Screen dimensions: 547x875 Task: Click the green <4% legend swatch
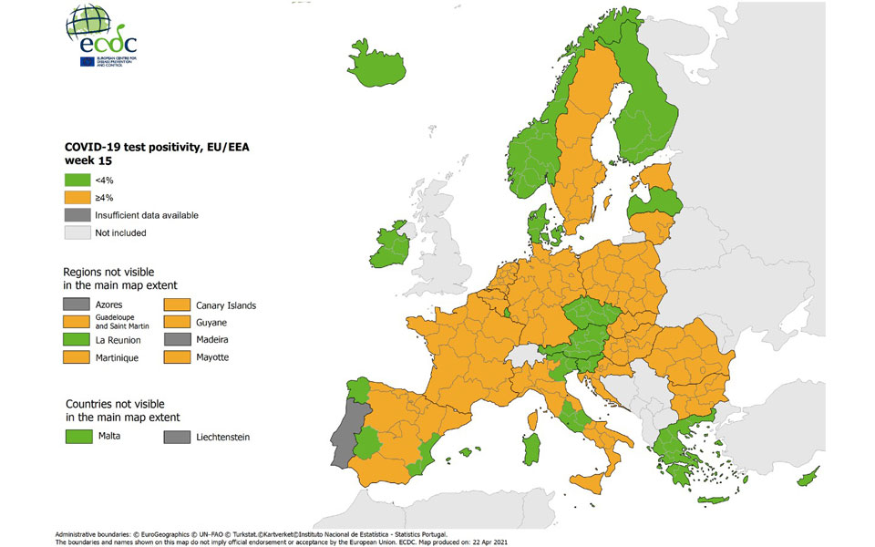tap(77, 181)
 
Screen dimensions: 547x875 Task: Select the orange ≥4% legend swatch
tap(77, 198)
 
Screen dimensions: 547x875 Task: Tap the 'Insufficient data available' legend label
tap(146, 215)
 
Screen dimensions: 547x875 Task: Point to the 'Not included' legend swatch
tap(77, 232)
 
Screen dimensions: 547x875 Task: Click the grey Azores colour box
tap(77, 304)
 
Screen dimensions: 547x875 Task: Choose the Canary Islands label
tap(226, 304)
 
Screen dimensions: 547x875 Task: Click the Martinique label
tap(117, 358)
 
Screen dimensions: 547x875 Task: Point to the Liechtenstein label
tap(222, 437)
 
